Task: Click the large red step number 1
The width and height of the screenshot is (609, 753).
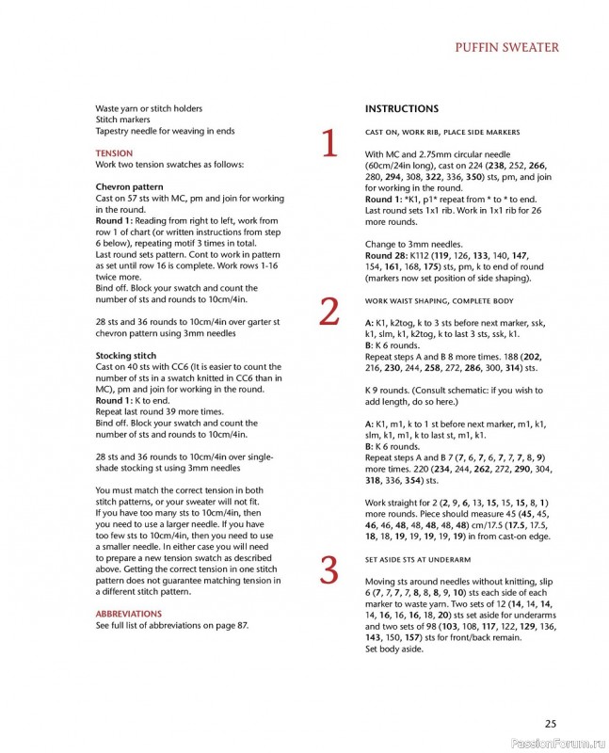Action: point(329,145)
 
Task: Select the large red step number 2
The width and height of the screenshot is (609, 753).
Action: point(329,312)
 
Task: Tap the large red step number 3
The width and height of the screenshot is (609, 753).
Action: point(329,571)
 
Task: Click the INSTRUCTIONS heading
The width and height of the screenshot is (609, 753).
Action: point(401,109)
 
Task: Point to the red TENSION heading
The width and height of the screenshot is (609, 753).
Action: point(114,152)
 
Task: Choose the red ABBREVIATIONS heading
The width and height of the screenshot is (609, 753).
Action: point(128,614)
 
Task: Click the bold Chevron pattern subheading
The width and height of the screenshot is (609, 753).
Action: point(130,187)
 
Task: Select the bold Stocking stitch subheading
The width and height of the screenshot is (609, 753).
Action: point(126,356)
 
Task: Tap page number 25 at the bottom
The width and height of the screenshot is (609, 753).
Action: point(551,723)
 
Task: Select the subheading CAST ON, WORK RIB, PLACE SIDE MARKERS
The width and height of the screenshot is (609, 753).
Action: point(442,132)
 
